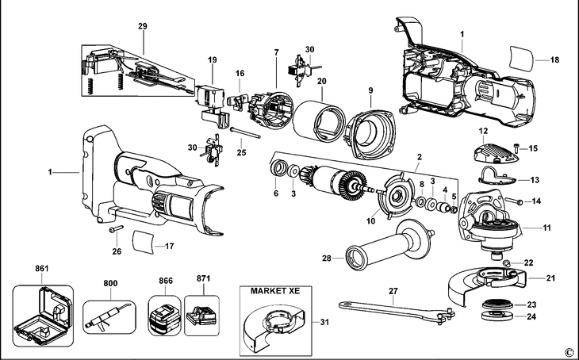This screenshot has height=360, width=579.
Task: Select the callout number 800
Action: click(x=109, y=282)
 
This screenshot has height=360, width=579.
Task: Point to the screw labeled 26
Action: click(x=115, y=230)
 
